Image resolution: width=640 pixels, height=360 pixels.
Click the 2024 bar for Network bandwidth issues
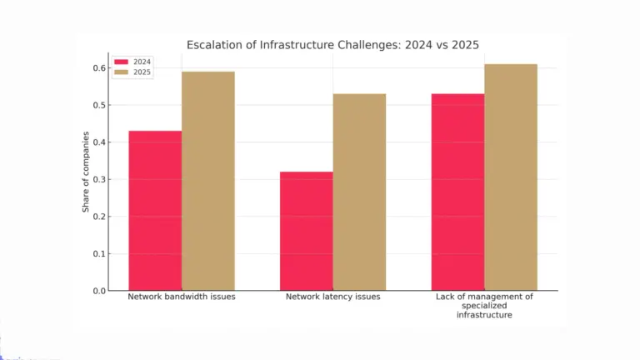(x=155, y=211)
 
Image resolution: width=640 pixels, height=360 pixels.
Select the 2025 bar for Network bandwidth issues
(x=207, y=181)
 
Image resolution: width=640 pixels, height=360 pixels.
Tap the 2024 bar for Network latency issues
(x=306, y=231)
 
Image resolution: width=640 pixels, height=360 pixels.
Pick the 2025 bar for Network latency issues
(x=359, y=192)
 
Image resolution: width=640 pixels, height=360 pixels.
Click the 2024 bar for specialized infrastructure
(x=457, y=192)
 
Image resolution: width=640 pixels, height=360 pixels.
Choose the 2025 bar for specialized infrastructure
(x=511, y=177)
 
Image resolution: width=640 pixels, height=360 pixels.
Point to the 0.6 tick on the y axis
(x=99, y=67)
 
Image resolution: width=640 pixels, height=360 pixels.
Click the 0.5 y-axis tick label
(x=99, y=105)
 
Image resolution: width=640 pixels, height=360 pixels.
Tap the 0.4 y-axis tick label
(x=99, y=142)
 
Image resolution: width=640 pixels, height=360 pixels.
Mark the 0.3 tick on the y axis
(x=99, y=179)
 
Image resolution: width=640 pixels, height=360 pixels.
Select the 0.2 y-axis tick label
(x=99, y=217)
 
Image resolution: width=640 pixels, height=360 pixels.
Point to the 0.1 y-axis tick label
(x=99, y=254)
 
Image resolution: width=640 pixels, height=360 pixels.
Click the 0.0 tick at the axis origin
(x=99, y=291)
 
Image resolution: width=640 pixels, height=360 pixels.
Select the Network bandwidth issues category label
(x=181, y=297)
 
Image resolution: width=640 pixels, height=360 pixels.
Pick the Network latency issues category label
(x=332, y=297)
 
